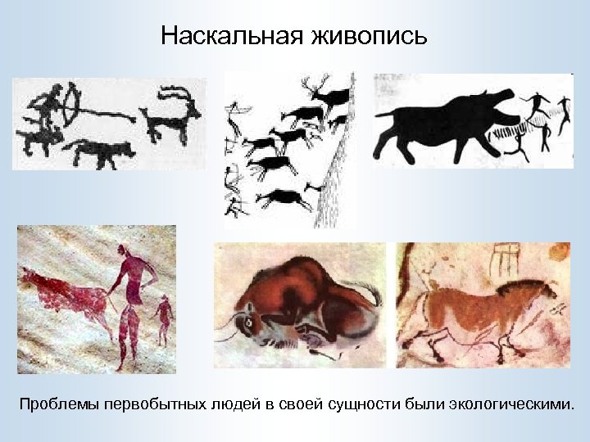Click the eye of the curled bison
[245, 323]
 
